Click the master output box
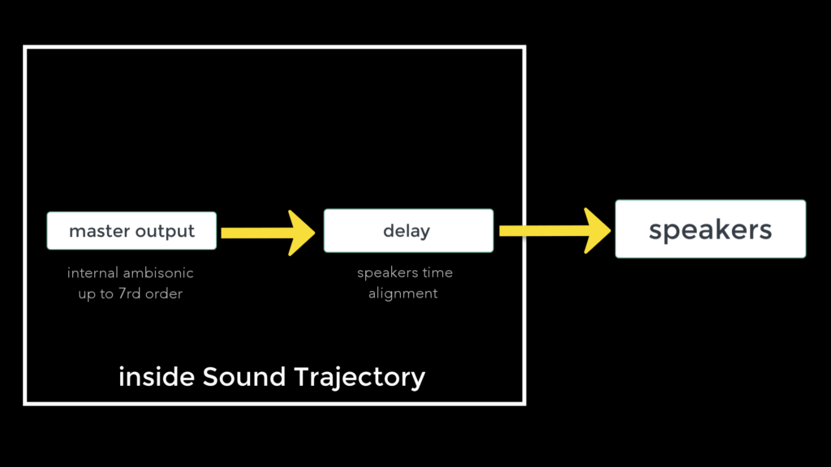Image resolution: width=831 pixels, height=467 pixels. click(131, 231)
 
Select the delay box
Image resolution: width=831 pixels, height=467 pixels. click(409, 230)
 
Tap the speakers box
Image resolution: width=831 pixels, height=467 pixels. click(710, 229)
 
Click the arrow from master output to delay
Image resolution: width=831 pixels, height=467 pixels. click(268, 233)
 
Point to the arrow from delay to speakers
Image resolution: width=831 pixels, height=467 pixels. click(555, 230)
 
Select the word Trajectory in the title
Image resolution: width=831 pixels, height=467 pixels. click(360, 378)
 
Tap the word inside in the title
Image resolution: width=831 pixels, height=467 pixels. click(157, 377)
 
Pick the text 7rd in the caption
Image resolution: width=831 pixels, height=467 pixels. click(129, 293)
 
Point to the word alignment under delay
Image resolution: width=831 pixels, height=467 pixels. click(403, 293)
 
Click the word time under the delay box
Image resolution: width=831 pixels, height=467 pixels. click(437, 272)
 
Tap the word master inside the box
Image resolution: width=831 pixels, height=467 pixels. click(99, 231)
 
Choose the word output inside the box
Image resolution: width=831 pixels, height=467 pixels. click(165, 232)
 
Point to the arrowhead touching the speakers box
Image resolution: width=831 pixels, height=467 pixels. click(597, 230)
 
